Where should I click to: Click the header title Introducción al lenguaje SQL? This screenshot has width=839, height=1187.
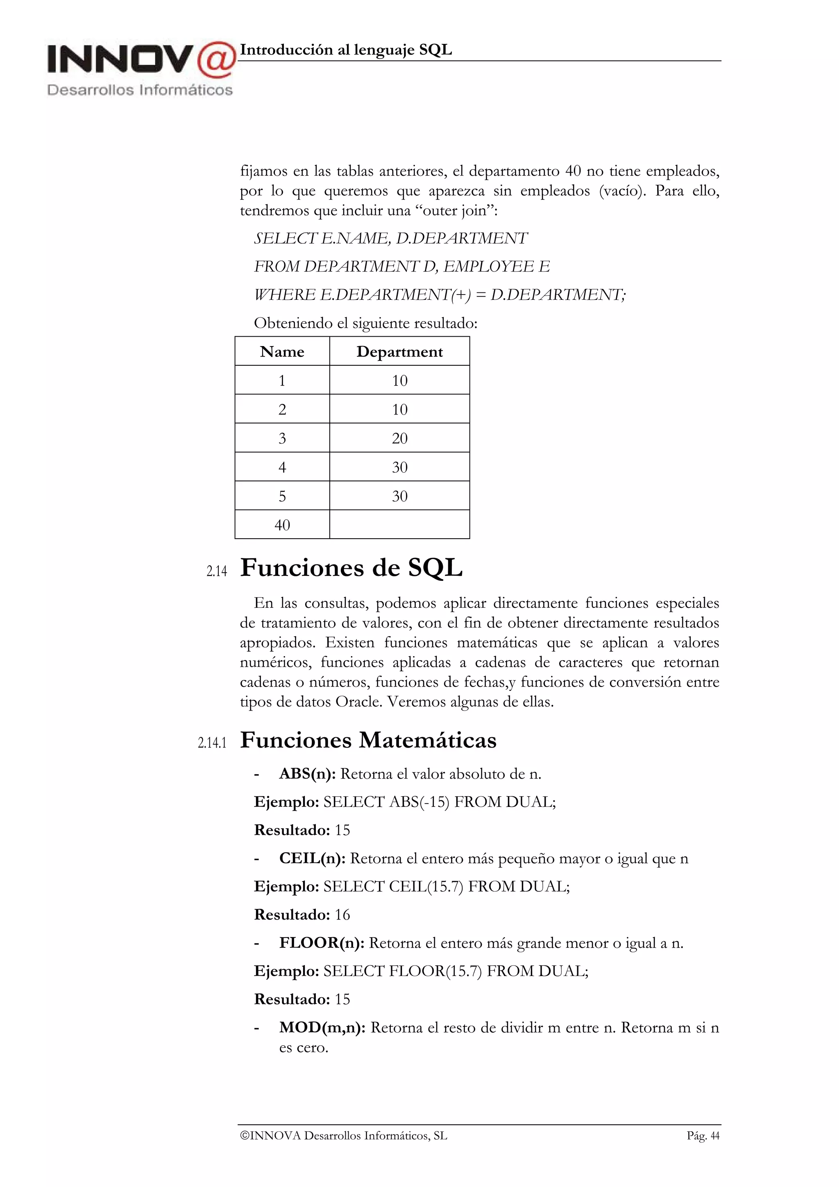pos(346,50)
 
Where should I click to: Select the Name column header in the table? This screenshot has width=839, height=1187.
pos(282,351)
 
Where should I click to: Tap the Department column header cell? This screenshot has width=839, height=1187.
pos(399,351)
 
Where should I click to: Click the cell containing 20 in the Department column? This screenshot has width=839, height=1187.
pos(399,438)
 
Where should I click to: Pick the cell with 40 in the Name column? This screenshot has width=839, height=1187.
pos(282,525)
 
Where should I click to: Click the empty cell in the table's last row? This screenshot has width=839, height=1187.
pos(399,525)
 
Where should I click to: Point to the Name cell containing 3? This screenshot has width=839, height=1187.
pos(282,438)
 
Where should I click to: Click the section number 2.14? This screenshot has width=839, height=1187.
pos(217,571)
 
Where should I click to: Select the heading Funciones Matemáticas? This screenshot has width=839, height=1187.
pos(368,740)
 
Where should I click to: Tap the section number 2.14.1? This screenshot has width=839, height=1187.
pos(212,743)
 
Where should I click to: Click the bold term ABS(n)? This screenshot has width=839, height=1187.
pos(308,774)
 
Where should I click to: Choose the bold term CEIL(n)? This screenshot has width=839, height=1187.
pos(312,858)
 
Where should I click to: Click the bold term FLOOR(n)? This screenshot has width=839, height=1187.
pos(322,943)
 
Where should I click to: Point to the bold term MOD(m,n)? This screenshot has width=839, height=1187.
pos(322,1027)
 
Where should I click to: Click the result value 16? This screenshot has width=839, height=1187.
pos(342,915)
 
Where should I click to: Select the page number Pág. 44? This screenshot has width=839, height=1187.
pos(703,1136)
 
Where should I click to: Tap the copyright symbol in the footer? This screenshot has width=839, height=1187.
pos(245,1136)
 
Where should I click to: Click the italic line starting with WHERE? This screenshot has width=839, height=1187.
pos(440,294)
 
